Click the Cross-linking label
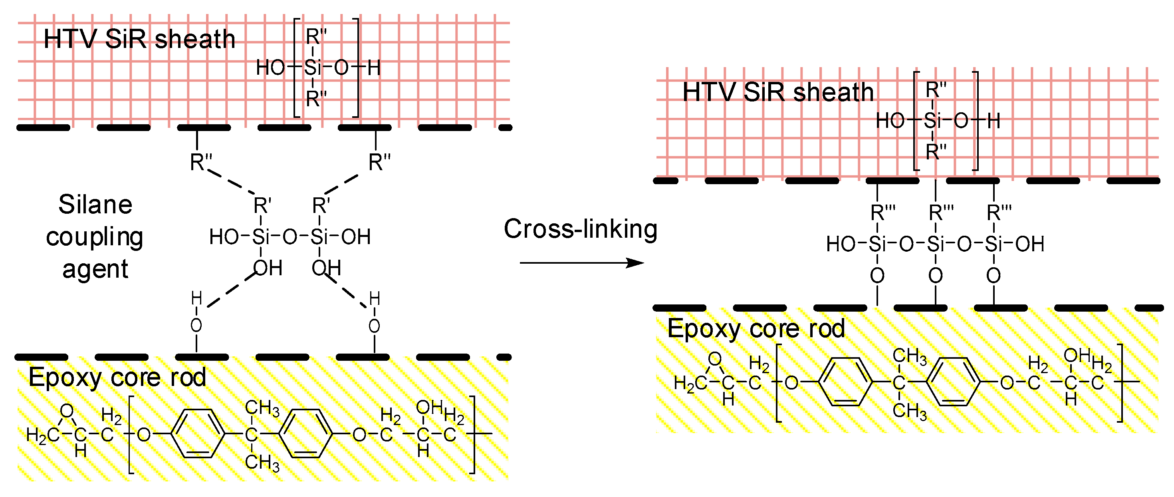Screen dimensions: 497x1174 pos(580,229)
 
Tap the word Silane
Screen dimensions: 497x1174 pos(95,204)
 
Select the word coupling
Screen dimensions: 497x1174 pos(95,237)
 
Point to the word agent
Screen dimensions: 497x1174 pos(95,269)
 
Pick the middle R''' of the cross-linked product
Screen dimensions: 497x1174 pos(941,213)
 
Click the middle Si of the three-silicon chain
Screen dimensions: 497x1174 pos(935,245)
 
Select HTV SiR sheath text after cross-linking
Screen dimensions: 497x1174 pos(777,93)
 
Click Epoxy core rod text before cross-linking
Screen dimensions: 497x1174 pos(117,378)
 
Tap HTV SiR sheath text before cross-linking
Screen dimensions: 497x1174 pos(139,39)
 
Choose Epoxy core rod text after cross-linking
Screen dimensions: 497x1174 pos(756,328)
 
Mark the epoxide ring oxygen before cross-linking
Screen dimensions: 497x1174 pos(67,411)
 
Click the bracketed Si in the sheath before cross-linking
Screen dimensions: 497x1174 pos(313,68)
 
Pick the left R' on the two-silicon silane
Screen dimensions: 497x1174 pos(262,206)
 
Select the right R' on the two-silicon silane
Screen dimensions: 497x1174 pos(320,206)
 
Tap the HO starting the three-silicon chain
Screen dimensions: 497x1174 pos(841,245)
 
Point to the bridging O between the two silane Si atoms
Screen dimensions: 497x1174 pos(290,237)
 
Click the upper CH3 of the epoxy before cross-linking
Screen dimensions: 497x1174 pos(262,408)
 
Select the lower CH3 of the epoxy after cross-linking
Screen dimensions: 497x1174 pos(909,411)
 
